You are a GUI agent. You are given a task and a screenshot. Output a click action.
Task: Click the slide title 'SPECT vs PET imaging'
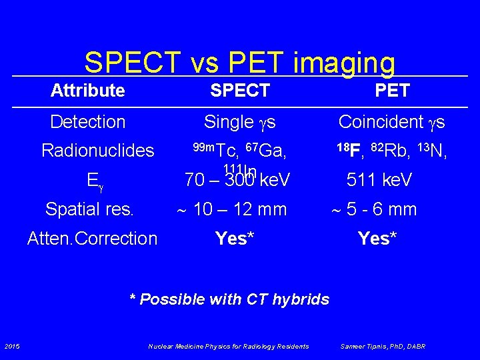(239, 63)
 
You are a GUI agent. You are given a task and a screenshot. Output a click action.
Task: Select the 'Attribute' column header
(87, 91)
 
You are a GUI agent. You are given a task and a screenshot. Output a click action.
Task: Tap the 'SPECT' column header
(240, 91)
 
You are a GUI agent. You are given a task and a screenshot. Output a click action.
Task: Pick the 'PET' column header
(392, 91)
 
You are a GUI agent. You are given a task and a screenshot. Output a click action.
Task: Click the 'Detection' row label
(87, 122)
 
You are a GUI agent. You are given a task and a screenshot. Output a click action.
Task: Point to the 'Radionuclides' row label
(97, 151)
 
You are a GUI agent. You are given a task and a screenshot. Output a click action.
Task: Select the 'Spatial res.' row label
(89, 209)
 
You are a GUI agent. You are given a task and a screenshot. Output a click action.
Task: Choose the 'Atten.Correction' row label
(92, 239)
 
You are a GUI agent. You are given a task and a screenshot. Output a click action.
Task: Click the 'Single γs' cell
(240, 122)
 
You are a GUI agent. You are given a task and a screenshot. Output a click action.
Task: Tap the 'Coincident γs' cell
(392, 122)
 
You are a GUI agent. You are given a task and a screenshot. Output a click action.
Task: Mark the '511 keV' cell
(379, 181)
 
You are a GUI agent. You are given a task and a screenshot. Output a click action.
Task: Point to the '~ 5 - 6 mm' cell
(375, 209)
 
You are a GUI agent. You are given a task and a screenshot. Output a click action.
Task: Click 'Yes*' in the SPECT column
(235, 239)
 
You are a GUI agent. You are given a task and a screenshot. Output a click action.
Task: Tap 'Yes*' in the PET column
(377, 239)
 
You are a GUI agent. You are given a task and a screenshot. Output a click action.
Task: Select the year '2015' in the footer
(11, 346)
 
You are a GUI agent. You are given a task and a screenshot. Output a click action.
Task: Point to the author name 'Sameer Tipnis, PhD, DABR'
(383, 346)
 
